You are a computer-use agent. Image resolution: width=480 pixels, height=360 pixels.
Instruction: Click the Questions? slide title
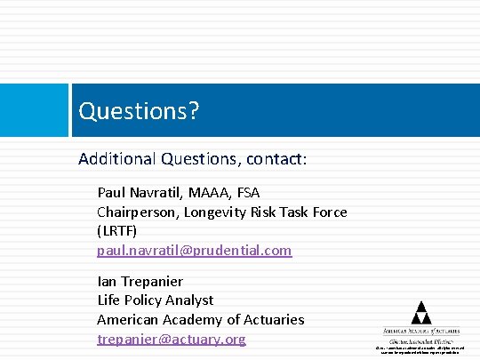pos(139,111)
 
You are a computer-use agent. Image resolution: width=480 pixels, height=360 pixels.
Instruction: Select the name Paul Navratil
pos(141,192)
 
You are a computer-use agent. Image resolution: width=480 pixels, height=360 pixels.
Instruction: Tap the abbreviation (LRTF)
pos(117,230)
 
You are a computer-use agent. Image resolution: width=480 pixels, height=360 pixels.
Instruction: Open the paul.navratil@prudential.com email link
pos(194,250)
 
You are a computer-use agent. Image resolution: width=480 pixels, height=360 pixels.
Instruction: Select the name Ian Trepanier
pos(140,281)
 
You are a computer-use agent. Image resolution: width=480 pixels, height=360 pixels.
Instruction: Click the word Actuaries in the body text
pos(270,319)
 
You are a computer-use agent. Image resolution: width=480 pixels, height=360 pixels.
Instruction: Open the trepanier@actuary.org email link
pos(171,339)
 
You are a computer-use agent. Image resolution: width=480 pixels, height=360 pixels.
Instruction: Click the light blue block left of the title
pos(34,111)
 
